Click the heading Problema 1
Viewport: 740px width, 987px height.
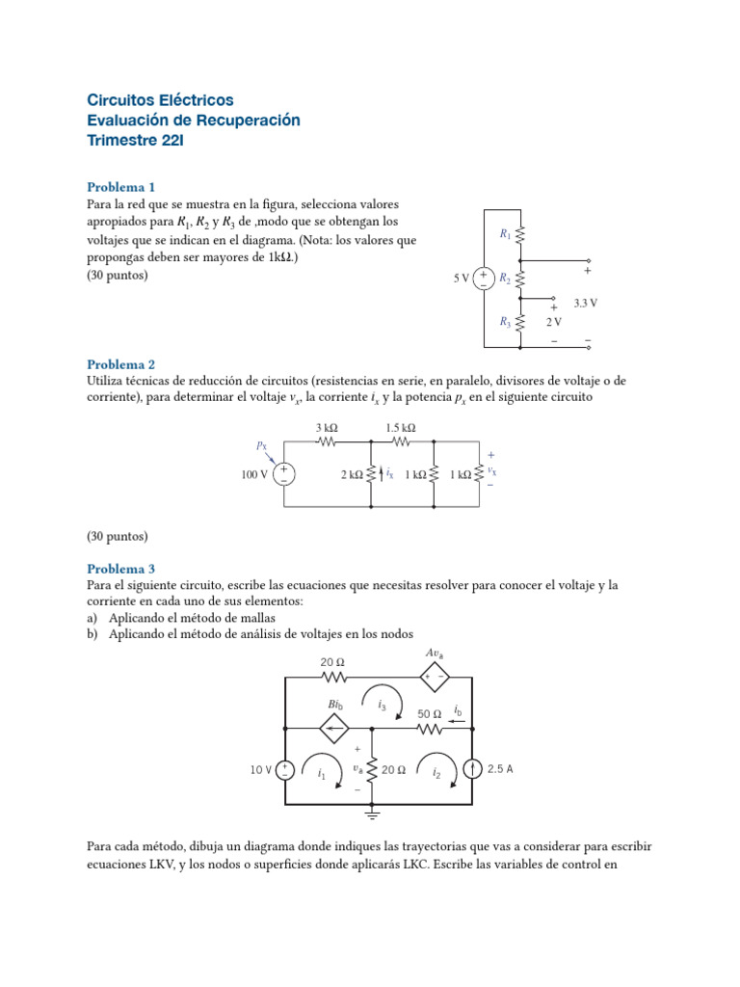click(x=120, y=187)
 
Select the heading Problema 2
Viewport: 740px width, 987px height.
click(x=120, y=364)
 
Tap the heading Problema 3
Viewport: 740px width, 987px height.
click(x=120, y=569)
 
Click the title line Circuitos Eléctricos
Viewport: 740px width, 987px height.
click(x=160, y=100)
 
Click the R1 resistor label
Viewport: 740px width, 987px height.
click(x=505, y=233)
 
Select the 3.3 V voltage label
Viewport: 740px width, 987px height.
click(x=586, y=302)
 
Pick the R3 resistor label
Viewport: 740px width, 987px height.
click(x=505, y=323)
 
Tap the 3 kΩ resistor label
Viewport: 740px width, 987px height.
click(x=326, y=428)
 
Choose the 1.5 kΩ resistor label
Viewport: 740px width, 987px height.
click(x=400, y=428)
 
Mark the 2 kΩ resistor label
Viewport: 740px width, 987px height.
click(x=352, y=475)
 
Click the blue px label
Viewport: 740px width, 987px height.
click(x=262, y=445)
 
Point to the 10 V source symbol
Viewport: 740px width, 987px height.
click(x=286, y=769)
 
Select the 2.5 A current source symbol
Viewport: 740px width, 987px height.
click(x=473, y=769)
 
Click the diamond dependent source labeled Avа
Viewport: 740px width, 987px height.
click(x=434, y=677)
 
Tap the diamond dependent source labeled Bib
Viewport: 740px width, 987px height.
click(x=335, y=729)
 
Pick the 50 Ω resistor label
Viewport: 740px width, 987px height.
click(x=430, y=714)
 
